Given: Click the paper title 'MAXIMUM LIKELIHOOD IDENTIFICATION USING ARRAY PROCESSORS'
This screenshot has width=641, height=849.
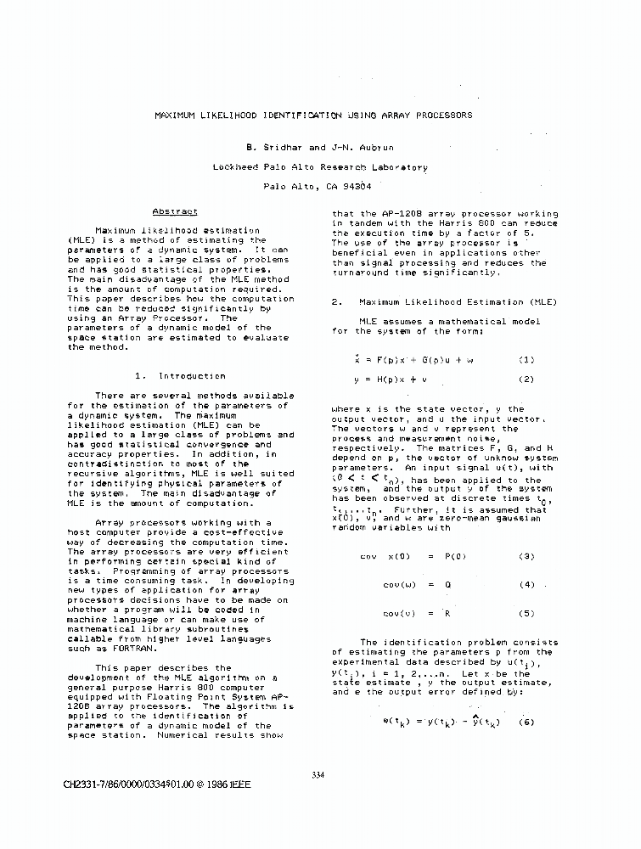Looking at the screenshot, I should coord(313,115).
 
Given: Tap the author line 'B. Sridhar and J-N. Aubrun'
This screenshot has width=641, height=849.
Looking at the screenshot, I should coord(319,147).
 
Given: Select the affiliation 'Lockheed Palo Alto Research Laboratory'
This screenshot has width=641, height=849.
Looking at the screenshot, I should coord(319,167).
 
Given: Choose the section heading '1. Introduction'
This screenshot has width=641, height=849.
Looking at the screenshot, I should coord(180,375).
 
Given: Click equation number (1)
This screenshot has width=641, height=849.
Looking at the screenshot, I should coord(526,360).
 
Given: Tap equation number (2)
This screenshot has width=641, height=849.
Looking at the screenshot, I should coord(526,380).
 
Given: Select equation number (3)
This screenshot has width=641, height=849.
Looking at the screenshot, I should coord(526,556).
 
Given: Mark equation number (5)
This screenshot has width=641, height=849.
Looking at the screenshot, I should coord(526,613).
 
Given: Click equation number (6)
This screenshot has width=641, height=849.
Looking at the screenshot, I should coord(527,722).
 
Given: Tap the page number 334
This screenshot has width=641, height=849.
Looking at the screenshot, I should coord(319,774).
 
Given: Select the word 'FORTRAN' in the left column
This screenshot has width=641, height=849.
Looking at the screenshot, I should coord(110,649).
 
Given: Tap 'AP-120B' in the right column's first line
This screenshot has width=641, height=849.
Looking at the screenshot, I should coord(383,214).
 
